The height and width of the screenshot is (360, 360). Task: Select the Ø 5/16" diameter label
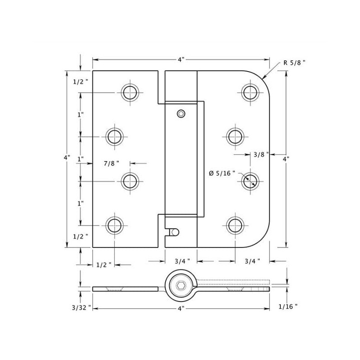(x=222, y=173)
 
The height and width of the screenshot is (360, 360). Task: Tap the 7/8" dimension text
(x=111, y=163)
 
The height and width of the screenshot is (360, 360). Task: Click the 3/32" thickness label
(x=81, y=308)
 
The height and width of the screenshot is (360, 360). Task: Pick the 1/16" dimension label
(x=288, y=306)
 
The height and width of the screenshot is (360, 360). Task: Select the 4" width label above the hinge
(x=181, y=59)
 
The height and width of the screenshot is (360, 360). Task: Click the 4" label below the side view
(x=181, y=309)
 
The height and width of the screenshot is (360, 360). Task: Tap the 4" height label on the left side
(x=67, y=157)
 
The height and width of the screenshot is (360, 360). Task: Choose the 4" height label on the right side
(x=286, y=159)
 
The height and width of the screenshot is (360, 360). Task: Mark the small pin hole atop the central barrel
(x=181, y=114)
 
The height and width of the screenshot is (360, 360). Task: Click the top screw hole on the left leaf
(x=130, y=93)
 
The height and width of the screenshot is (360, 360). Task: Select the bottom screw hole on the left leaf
(x=115, y=225)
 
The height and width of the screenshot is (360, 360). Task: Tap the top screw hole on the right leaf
(x=250, y=93)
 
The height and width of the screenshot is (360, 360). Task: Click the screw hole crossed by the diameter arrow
(x=250, y=181)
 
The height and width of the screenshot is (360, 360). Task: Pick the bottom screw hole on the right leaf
(x=235, y=225)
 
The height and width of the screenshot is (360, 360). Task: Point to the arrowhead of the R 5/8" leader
(x=263, y=79)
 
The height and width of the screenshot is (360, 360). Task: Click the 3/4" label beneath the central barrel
(x=182, y=261)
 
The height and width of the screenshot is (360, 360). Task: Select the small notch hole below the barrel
(x=175, y=232)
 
